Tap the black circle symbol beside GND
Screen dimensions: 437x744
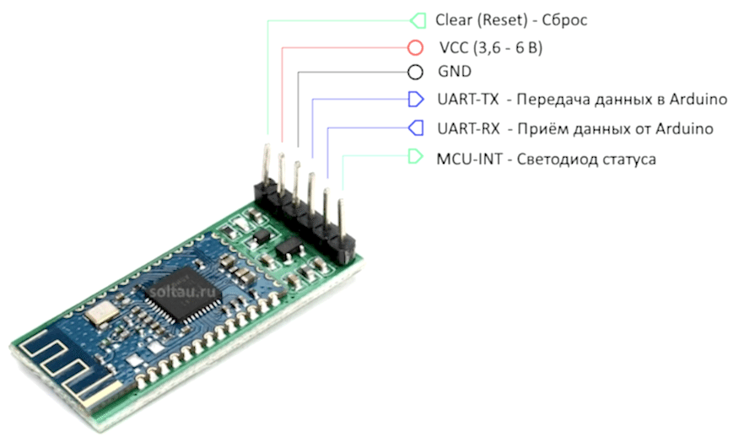click(415, 73)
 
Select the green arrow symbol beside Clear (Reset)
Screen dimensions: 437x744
click(417, 19)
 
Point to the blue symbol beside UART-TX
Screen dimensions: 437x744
click(415, 100)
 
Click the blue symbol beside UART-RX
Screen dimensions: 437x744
click(415, 128)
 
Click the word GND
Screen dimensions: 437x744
click(454, 73)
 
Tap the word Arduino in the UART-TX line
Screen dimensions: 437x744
click(699, 100)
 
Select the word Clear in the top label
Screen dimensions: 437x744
click(453, 19)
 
